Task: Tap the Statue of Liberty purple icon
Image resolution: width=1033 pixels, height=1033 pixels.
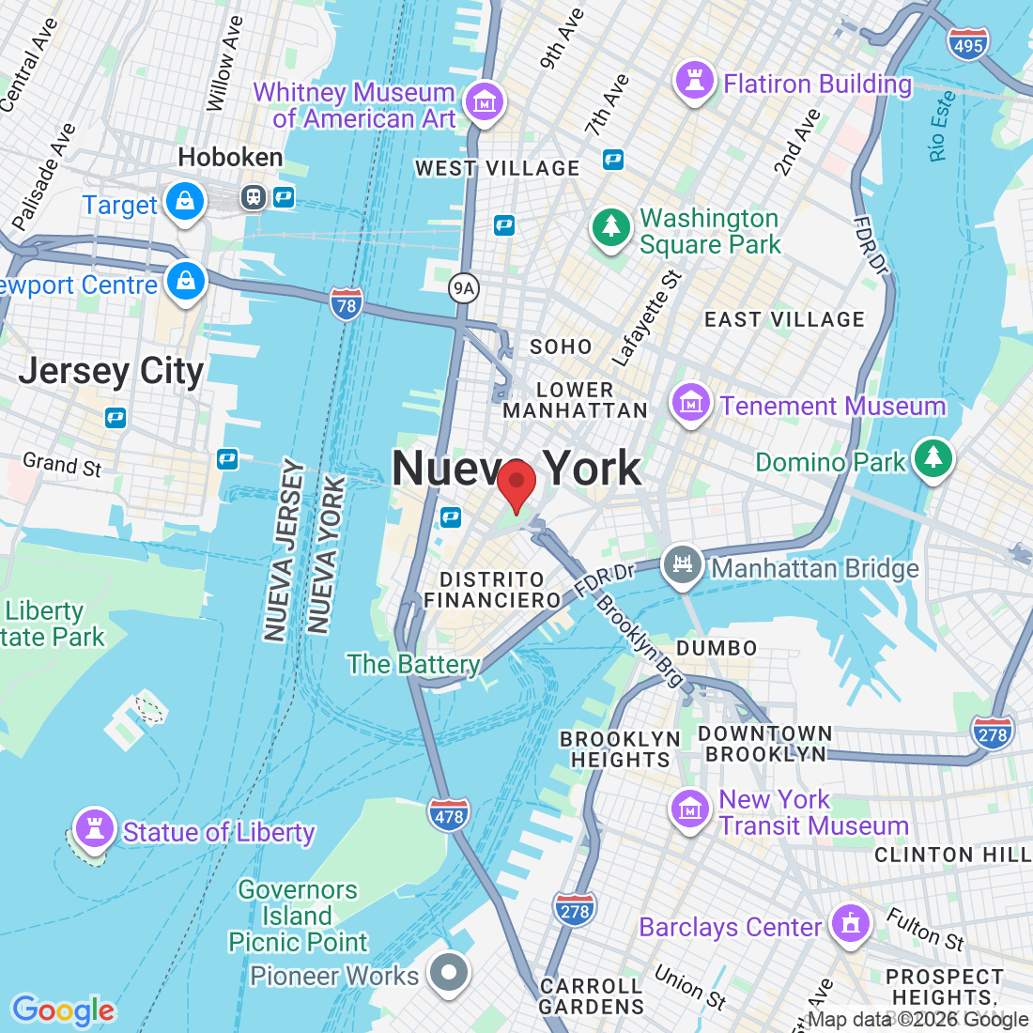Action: (x=94, y=829)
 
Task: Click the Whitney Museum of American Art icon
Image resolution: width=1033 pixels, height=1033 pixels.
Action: (x=484, y=101)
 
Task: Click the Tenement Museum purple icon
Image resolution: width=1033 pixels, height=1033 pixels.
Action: (x=691, y=403)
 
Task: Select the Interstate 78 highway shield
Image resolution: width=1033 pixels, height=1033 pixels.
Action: (x=347, y=304)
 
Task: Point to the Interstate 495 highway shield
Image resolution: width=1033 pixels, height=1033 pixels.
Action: (x=967, y=44)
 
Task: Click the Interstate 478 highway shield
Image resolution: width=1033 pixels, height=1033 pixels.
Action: (x=449, y=815)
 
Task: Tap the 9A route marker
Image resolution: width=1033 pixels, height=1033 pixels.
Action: (x=463, y=288)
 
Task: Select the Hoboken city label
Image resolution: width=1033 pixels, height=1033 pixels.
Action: (x=230, y=157)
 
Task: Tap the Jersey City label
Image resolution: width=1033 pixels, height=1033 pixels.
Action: (x=111, y=372)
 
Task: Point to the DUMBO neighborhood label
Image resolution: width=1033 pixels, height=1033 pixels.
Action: (x=717, y=648)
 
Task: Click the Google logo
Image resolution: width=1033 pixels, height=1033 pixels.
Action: (x=63, y=1010)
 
